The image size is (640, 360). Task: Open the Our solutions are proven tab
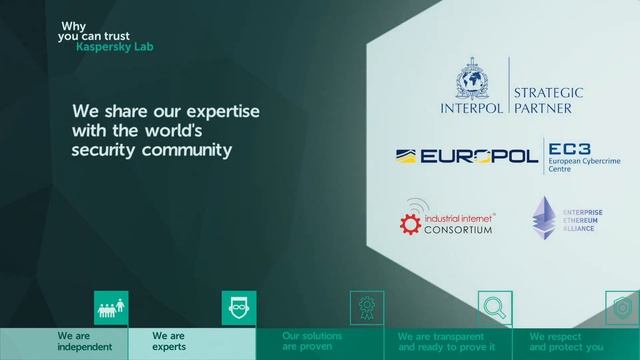click(x=312, y=342)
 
